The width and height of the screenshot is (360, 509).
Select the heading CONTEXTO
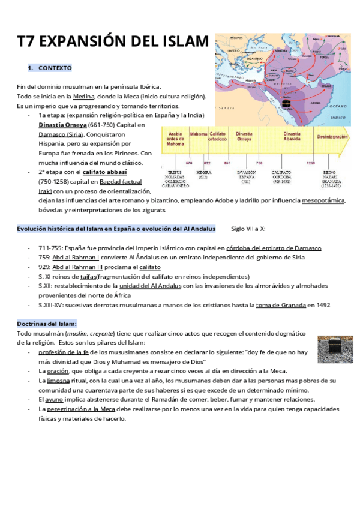pos(55,68)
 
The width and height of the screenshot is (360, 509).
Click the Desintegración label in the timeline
pos(332,137)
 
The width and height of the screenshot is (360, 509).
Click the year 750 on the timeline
pos(259,163)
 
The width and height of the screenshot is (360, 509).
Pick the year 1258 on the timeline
pos(311,163)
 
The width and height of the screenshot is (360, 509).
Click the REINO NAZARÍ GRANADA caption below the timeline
pos(332,178)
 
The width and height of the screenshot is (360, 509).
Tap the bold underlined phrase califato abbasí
pos(104,172)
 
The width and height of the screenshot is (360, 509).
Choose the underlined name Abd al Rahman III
pos(78,267)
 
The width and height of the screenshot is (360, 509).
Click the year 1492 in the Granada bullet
pos(320,305)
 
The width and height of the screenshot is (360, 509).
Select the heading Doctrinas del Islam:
pos(51,324)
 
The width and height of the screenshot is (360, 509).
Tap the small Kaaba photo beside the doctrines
pos(331,349)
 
